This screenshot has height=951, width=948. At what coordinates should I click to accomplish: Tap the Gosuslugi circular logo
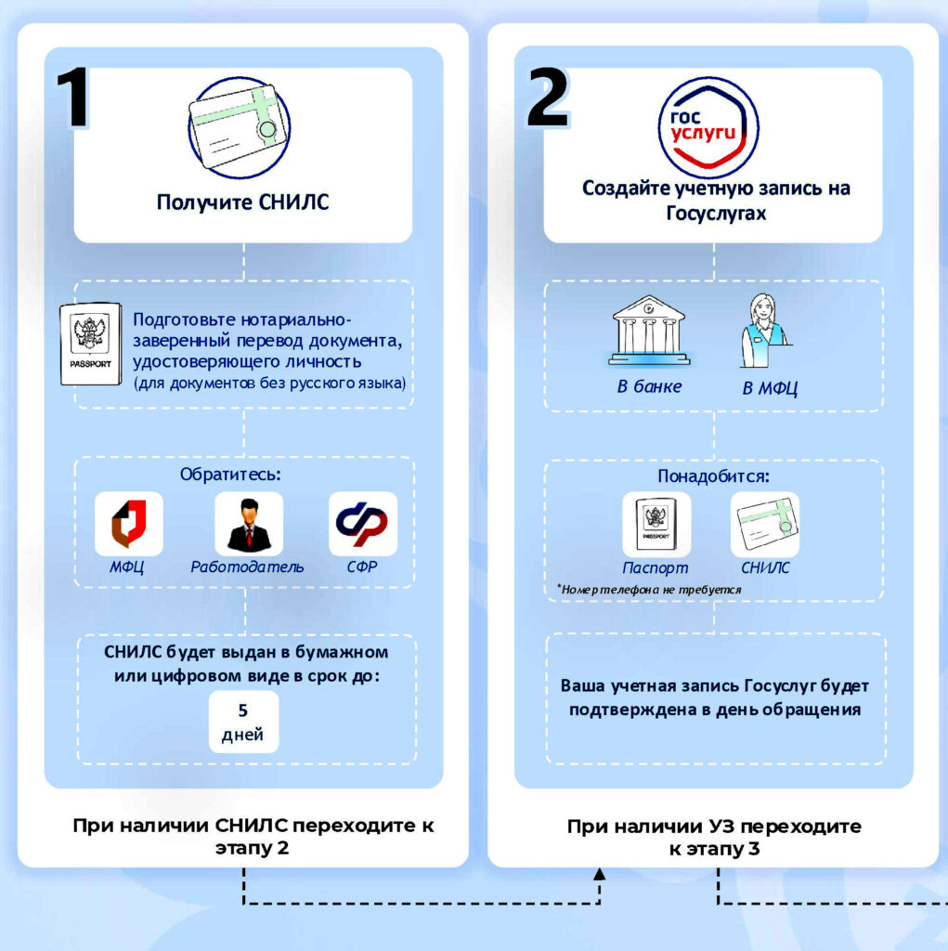pos(708,128)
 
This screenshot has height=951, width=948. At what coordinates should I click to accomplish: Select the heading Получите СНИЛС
pos(242,202)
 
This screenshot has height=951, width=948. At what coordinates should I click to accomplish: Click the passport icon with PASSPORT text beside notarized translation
pos(90,344)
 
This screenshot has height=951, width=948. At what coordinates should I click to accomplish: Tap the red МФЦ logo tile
pos(128,524)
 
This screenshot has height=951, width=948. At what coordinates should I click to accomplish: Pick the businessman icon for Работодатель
pos(249,524)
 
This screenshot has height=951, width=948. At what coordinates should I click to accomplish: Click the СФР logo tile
pos(363,524)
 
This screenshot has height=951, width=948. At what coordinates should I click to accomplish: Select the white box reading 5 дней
pos(243,722)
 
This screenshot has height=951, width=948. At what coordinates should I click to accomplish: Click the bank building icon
pos(649,331)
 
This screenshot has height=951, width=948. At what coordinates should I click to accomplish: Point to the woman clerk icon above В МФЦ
pos(763,331)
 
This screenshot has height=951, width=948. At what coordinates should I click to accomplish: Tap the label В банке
pos(649,386)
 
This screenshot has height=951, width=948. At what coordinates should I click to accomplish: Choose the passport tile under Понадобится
pos(656,524)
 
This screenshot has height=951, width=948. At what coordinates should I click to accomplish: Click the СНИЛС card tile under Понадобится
pos(765,524)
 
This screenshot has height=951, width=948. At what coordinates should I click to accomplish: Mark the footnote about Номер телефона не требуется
pos(649,589)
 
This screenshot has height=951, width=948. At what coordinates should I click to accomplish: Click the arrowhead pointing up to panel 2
pos(599,874)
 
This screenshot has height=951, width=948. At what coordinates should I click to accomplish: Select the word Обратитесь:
pos(230,474)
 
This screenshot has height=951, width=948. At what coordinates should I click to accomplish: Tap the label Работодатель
pos(248,567)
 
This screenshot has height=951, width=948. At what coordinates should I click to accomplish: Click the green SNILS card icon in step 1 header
pos(239,127)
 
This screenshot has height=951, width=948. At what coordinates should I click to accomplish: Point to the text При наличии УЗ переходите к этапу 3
pos(714,837)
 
